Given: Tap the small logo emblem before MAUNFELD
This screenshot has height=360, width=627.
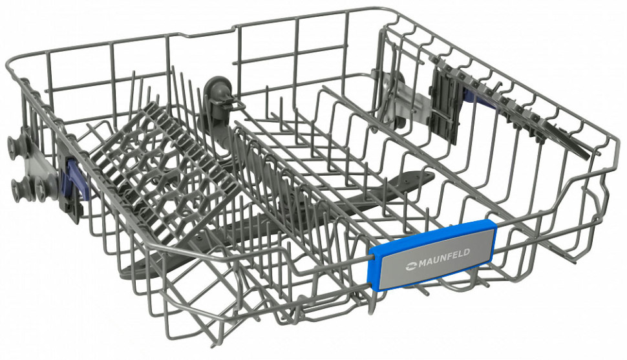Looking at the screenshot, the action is point(412,264).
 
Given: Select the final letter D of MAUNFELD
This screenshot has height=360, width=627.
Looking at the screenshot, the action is point(467,251).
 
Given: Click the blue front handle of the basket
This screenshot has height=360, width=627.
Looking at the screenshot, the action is point(432,254).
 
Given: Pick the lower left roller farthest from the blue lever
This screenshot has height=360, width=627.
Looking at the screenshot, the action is point(18,188).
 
